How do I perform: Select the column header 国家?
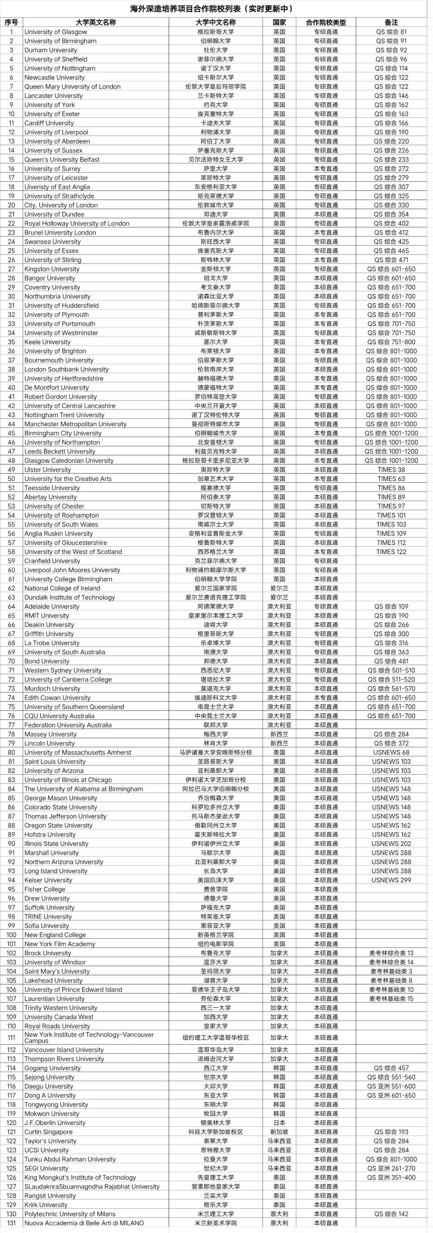click(x=279, y=22)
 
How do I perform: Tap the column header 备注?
click(x=391, y=22)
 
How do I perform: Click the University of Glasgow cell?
click(x=56, y=32)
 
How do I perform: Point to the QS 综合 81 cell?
click(x=391, y=32)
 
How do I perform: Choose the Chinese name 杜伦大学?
click(x=215, y=50)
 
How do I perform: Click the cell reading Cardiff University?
click(x=49, y=123)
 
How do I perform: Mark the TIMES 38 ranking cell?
click(x=391, y=470)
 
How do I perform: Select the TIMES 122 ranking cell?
click(x=391, y=552)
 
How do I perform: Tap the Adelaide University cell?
click(x=52, y=606)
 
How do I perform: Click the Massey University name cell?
click(x=50, y=734)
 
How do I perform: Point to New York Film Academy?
click(x=60, y=944)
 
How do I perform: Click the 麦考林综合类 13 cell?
click(x=391, y=953)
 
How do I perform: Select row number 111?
click(x=12, y=1037)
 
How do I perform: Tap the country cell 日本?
click(x=279, y=1123)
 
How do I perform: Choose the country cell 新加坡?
click(x=279, y=1132)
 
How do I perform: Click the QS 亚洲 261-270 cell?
click(x=391, y=1168)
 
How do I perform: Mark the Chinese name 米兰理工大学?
click(x=215, y=1214)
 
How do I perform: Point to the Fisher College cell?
click(x=45, y=889)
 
